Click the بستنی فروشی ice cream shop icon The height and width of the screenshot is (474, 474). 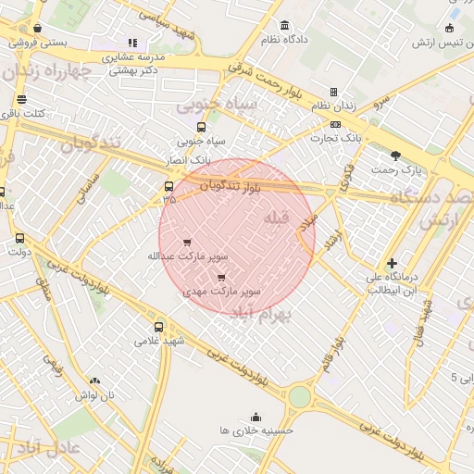(37, 29)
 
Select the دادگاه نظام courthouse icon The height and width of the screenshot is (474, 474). (283, 25)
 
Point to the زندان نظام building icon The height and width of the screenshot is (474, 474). (333, 92)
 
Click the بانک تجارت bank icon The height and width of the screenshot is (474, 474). (335, 124)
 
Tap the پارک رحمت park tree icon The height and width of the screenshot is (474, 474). (396, 156)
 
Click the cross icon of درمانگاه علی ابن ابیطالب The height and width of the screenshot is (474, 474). (393, 264)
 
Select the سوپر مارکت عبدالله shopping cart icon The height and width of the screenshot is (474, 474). (188, 243)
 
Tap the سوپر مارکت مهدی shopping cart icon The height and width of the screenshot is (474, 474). (220, 277)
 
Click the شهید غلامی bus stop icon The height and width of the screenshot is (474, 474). (159, 327)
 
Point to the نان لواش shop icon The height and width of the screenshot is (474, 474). (94, 380)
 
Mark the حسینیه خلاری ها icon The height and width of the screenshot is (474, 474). (256, 417)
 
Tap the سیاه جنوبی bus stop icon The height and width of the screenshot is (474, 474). (201, 128)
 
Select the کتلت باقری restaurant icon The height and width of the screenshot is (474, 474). (21, 100)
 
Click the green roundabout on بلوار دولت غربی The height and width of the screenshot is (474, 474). (299, 397)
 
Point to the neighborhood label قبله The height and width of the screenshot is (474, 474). (277, 218)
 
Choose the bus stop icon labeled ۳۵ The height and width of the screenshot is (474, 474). (168, 185)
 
